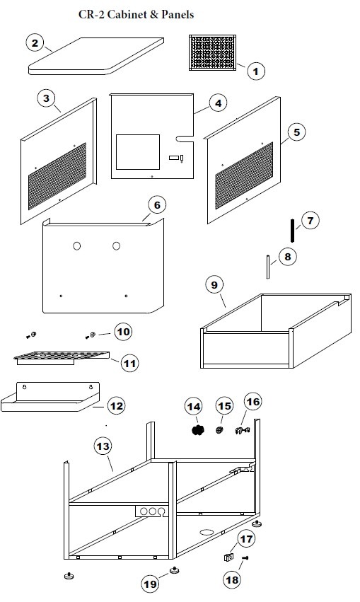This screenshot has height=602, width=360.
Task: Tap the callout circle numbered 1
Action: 255,71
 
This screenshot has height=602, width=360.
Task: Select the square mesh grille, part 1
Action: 213,52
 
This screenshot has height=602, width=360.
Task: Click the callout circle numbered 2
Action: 35,43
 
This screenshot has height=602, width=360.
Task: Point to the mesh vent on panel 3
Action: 57,176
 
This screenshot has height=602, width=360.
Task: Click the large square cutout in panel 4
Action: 138,151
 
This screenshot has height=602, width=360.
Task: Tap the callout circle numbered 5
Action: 296,132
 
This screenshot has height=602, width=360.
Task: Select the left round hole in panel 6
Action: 77,245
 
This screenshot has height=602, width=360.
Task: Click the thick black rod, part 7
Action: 292,231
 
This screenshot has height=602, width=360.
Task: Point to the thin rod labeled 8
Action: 268,267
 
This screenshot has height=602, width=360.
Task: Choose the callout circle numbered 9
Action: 214,285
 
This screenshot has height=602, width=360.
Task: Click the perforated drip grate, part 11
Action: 62,358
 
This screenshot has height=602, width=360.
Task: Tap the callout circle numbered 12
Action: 116,406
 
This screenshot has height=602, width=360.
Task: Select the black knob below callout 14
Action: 197,430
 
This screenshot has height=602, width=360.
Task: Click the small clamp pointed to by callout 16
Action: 242,431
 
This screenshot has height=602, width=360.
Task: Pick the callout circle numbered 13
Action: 103,446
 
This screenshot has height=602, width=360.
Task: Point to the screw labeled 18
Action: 245,557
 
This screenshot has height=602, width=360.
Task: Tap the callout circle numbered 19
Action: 150,584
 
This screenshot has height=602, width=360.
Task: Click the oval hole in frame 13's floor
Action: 207,532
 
